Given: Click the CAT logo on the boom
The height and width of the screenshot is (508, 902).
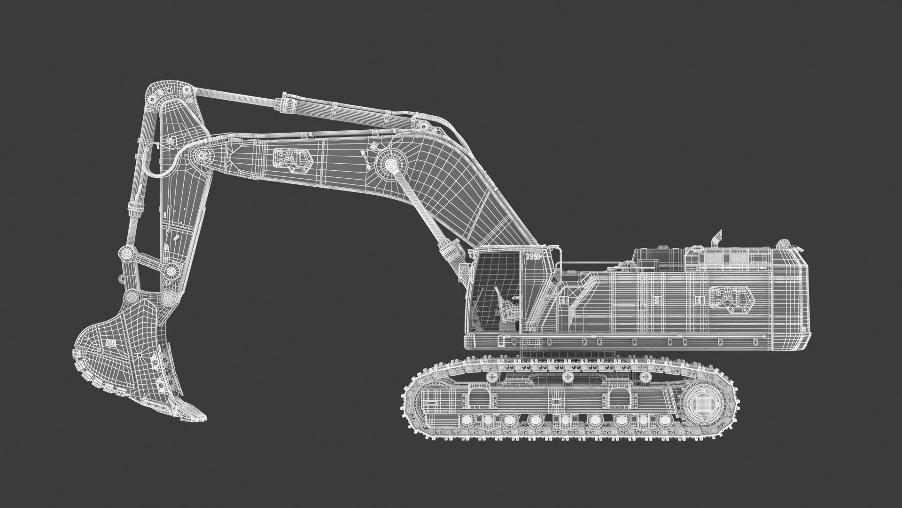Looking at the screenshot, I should coord(291,159).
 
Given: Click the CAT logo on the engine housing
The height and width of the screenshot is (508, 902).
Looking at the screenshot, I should coord(731,300).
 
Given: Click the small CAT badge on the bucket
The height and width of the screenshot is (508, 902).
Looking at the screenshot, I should coord(111,343).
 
